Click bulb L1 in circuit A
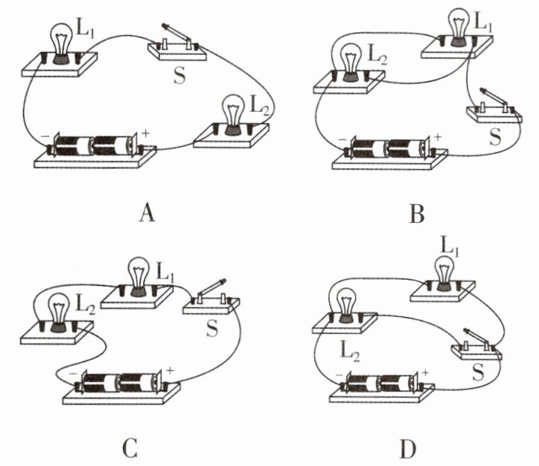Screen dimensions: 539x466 coord(61,44)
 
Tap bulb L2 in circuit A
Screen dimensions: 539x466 coord(233,115)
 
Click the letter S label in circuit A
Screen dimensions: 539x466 coord(179,75)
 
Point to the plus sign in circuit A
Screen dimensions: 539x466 coord(145,133)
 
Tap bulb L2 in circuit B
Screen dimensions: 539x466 coord(350,62)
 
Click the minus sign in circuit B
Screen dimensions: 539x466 coord(343,140)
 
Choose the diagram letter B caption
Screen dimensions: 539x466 coord(417,213)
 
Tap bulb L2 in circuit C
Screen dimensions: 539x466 coord(59,312)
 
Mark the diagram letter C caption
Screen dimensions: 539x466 coord(130,448)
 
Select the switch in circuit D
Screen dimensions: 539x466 coord(477,345)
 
